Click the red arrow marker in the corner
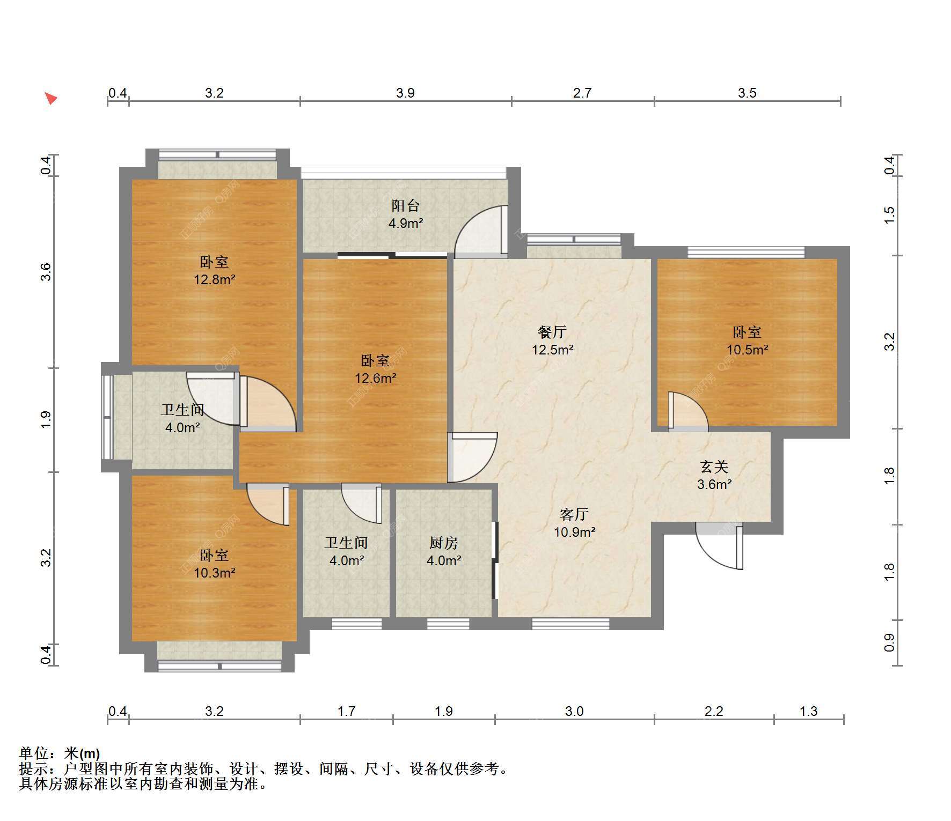point(51,99)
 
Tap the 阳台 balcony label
point(405,205)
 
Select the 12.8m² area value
point(215,279)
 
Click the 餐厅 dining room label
point(552,332)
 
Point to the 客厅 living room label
point(574,514)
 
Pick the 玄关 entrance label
point(714,467)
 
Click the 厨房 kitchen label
point(444,543)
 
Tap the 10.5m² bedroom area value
point(747,350)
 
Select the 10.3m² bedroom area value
point(215,573)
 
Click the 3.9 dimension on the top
point(406,93)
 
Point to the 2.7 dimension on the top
point(582,93)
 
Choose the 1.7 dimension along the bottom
point(347,711)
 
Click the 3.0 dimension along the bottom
point(574,711)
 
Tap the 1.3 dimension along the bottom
point(809,711)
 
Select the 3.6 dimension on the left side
point(47,272)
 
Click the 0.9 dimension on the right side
point(889,642)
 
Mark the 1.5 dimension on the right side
point(889,215)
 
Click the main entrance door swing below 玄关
point(720,545)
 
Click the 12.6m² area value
point(376,378)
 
